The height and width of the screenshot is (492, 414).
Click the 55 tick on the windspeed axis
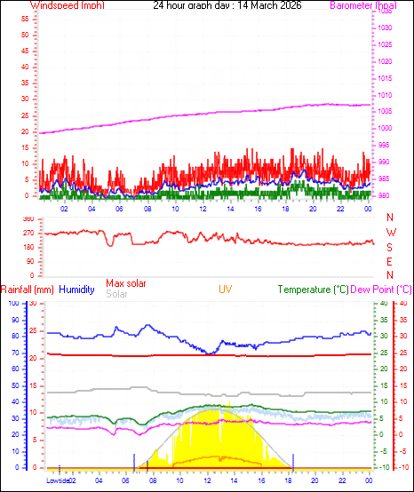tap(27, 18)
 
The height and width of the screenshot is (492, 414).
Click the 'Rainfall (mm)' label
tap(28, 290)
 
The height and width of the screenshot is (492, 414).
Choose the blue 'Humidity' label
tap(76, 290)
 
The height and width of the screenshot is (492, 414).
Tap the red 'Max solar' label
tap(127, 283)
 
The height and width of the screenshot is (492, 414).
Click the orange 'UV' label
tap(227, 290)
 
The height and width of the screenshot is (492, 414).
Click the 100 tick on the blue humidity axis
tap(12, 303)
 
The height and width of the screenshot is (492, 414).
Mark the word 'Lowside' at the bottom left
tap(58, 481)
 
